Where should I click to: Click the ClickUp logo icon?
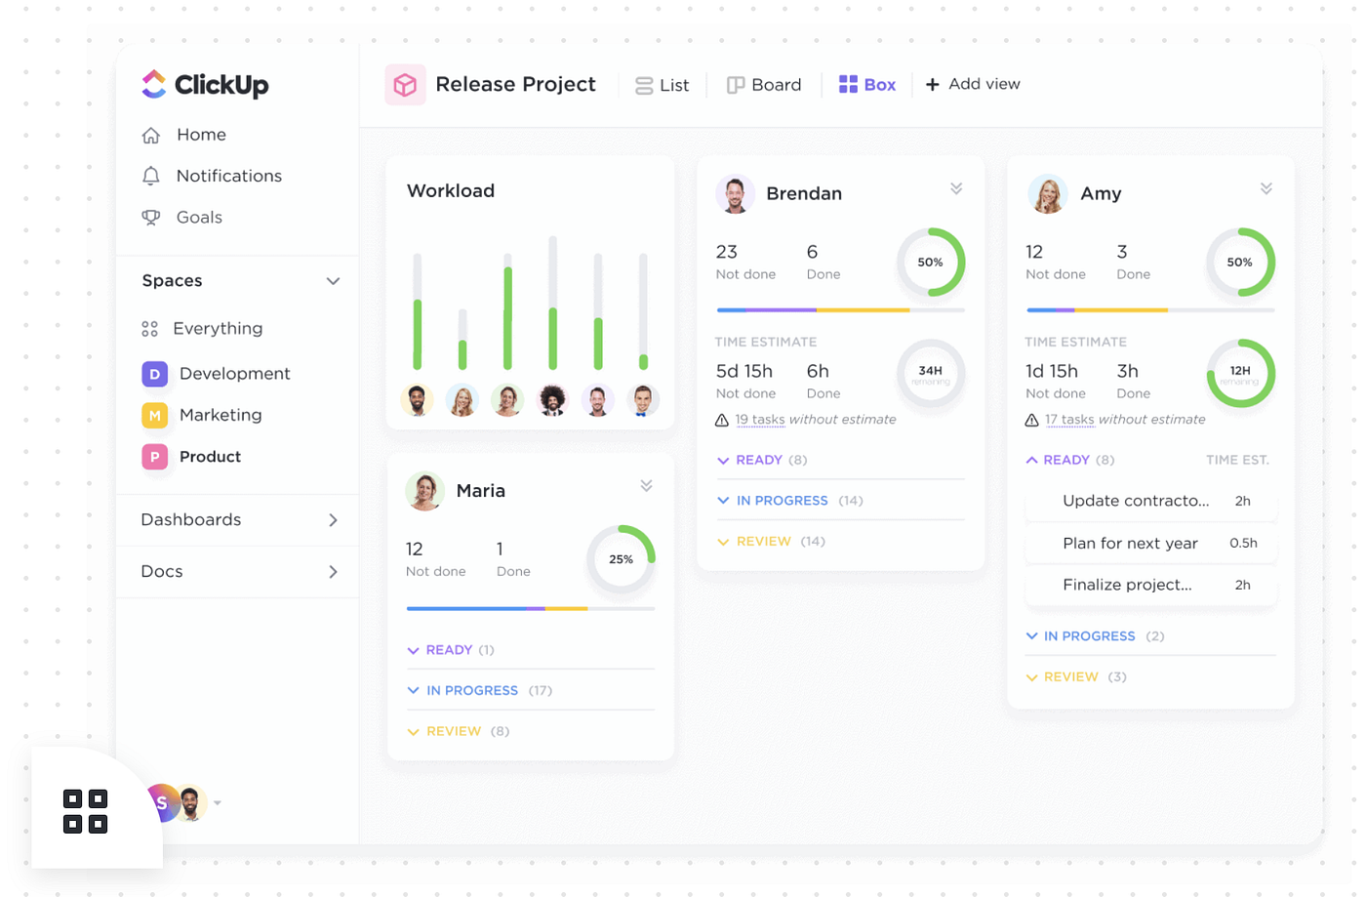[154, 84]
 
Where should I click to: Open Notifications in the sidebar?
[228, 176]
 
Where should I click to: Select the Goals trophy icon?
[151, 218]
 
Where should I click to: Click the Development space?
[234, 374]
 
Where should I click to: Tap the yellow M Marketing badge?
[154, 416]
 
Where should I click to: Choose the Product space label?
[210, 457]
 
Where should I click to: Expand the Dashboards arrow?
[333, 520]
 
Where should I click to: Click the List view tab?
[663, 85]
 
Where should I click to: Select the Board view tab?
[764, 85]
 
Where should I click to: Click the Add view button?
[973, 84]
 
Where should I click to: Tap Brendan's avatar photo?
[735, 193]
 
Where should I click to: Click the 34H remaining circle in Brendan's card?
[930, 374]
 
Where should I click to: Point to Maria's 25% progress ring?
[621, 559]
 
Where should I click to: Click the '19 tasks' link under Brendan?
[760, 420]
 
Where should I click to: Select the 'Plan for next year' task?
[1130, 544]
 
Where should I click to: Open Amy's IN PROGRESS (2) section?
[1089, 636]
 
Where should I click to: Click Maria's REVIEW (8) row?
[454, 731]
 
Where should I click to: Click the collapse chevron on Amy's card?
[1266, 188]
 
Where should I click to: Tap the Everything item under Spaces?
[217, 329]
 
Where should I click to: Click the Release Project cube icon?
[405, 85]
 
